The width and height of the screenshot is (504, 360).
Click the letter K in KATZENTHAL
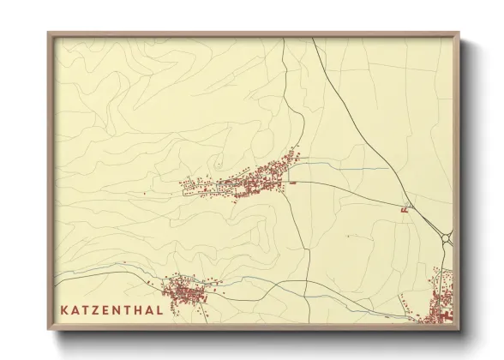click(x=64, y=309)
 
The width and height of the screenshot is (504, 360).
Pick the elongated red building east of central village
click(x=292, y=182)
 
